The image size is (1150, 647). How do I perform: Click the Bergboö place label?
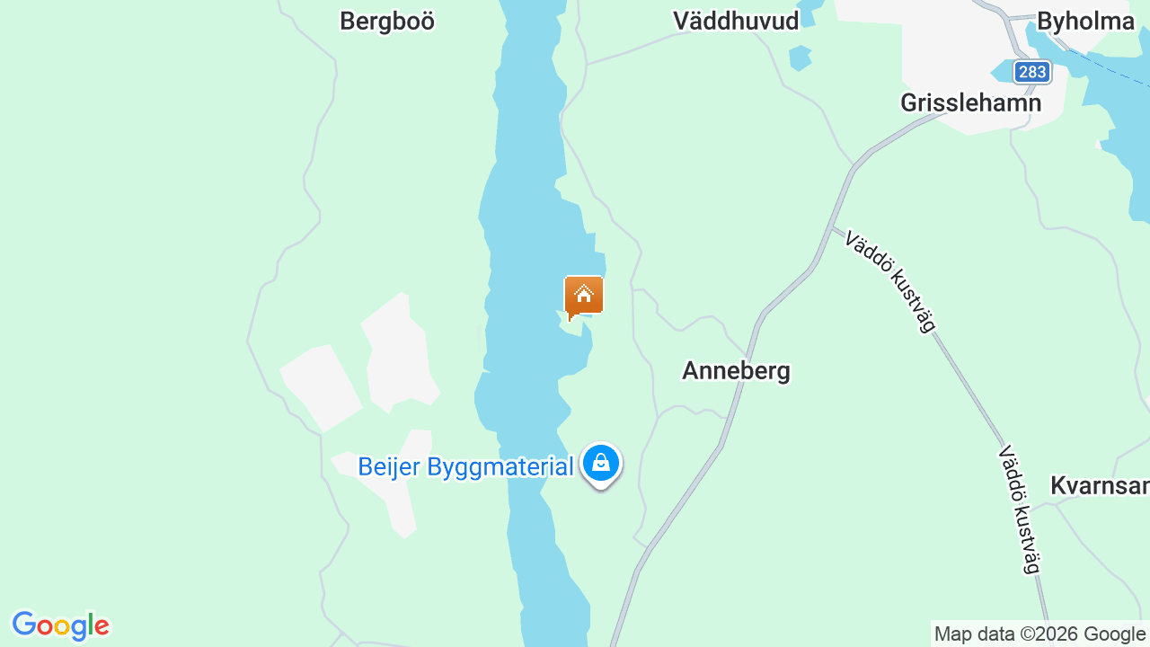coord(387,22)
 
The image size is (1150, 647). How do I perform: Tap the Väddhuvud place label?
coord(736,22)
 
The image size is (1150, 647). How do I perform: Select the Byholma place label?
coord(1085,22)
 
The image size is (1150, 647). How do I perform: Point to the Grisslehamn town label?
coord(970,102)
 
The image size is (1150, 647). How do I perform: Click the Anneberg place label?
coord(736,370)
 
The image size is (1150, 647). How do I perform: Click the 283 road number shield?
coord(1032,72)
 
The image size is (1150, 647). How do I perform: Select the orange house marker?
coord(584,296)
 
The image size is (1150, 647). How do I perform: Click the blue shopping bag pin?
coord(600,464)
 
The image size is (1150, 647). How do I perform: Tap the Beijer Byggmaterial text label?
coord(464,467)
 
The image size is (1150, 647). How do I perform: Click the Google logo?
coord(60,625)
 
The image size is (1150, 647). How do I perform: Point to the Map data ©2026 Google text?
coord(1039,634)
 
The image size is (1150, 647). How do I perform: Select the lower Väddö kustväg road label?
coord(1019,509)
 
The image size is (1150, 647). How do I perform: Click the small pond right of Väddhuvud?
coord(799,57)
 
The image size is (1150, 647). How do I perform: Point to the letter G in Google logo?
coord(24,625)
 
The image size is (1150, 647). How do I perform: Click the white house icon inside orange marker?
coord(584,293)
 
